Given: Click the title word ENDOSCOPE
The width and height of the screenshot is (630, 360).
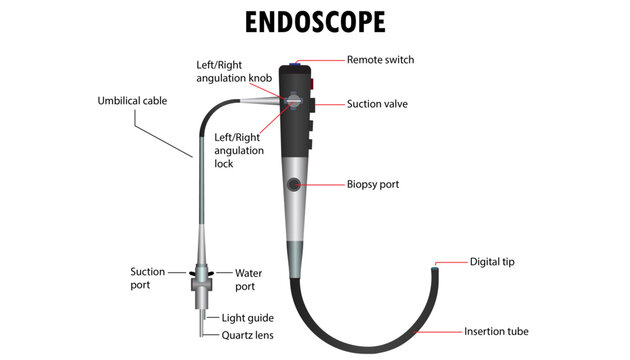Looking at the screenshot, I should point(314,22).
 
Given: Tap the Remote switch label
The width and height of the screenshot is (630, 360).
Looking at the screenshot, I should point(380,60).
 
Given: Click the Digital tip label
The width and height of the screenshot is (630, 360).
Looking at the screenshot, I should point(493,262).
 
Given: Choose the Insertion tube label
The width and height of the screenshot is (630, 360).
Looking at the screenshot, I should point(496,331).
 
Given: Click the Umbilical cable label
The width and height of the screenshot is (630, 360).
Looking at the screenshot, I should point(134,101).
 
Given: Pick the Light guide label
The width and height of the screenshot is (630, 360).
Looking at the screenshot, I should point(247,317).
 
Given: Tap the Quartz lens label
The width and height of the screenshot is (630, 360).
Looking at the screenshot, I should point(247,335).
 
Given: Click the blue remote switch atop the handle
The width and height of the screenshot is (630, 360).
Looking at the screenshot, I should point(295,63).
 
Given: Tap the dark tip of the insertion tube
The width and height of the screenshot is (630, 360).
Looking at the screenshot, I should point(436,268).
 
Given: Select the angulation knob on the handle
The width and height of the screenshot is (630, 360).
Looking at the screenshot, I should point(293,100).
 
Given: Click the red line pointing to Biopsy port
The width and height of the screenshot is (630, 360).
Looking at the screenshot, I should point(323,184).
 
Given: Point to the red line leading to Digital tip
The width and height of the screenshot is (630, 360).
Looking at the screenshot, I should point(454,263).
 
